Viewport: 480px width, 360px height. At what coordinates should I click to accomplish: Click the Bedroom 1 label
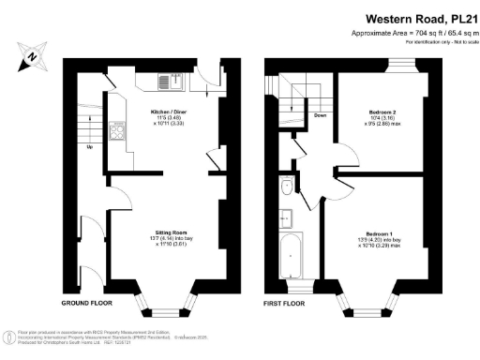381,232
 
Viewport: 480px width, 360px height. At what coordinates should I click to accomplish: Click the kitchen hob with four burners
118,132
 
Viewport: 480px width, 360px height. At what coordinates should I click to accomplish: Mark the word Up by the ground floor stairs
89,146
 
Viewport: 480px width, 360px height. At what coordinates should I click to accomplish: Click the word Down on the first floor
320,116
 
